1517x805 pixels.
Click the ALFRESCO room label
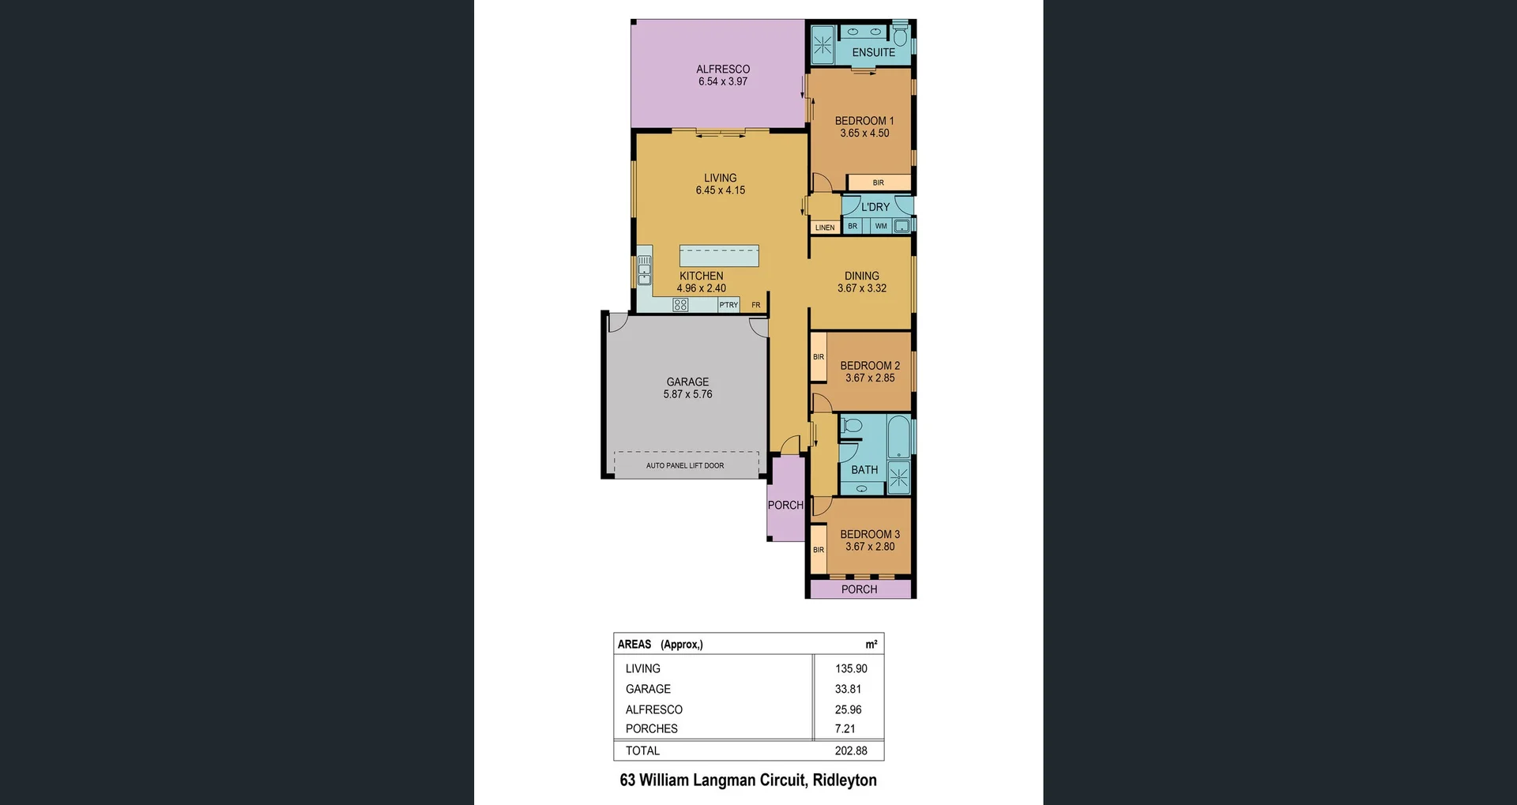pyautogui.click(x=723, y=70)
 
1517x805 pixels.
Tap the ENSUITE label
pyautogui.click(x=874, y=53)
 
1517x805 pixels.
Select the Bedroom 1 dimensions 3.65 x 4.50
pyautogui.click(x=864, y=134)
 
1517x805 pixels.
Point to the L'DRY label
pyautogui.click(x=875, y=207)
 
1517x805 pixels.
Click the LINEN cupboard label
pyautogui.click(x=825, y=228)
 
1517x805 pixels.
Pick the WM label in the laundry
pyautogui.click(x=881, y=226)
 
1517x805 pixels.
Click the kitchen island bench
pyautogui.click(x=719, y=256)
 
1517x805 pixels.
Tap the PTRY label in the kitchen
pyautogui.click(x=728, y=305)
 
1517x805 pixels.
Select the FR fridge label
pyautogui.click(x=756, y=305)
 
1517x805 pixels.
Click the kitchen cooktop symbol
pyautogui.click(x=680, y=305)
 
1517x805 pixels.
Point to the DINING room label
pyautogui.click(x=862, y=276)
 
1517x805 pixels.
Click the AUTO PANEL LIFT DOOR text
pyautogui.click(x=685, y=466)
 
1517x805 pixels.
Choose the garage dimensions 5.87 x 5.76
pyautogui.click(x=687, y=394)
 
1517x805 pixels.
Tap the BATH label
pyautogui.click(x=864, y=470)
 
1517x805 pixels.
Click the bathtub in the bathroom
pyautogui.click(x=899, y=438)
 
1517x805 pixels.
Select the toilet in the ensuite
pyautogui.click(x=900, y=35)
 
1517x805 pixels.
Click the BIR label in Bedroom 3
pyautogui.click(x=819, y=550)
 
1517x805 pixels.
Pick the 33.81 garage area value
pyautogui.click(x=848, y=689)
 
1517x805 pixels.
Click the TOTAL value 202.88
pyautogui.click(x=851, y=750)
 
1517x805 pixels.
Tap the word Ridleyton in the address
pyautogui.click(x=845, y=781)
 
